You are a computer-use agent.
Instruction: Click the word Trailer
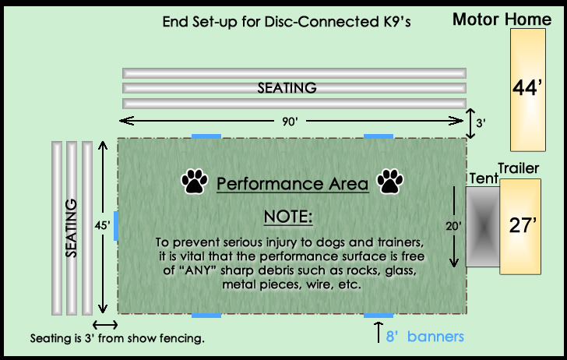[519, 169]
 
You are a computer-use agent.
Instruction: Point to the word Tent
[483, 179]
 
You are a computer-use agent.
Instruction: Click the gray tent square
[482, 228]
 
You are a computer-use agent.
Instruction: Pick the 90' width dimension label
[291, 121]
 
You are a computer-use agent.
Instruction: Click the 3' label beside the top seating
[481, 122]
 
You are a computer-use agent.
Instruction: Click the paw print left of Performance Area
[193, 182]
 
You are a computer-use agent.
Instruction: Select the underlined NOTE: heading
[288, 216]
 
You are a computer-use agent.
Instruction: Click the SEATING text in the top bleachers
[287, 88]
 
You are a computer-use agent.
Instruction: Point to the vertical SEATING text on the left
[72, 228]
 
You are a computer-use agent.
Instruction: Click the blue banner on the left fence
[116, 225]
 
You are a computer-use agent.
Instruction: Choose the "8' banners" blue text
[424, 337]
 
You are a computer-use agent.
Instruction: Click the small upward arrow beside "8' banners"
[379, 330]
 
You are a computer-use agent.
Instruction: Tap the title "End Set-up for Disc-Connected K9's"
[287, 22]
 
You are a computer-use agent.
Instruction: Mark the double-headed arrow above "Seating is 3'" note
[105, 324]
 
